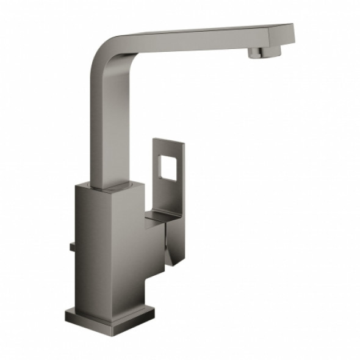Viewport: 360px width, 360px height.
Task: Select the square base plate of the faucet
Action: click(x=110, y=316)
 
